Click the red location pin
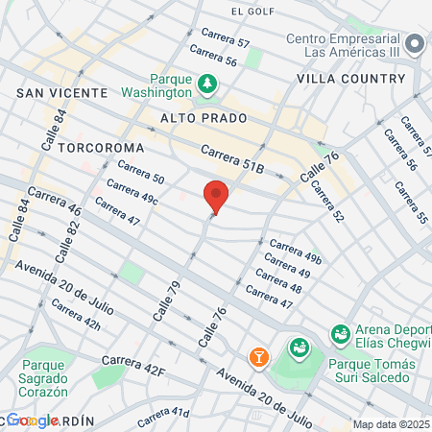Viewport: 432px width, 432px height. [x=216, y=196]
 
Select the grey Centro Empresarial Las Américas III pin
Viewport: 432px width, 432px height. [x=416, y=44]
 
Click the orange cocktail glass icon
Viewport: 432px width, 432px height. [x=258, y=357]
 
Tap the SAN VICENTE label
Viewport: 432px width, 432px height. [x=61, y=92]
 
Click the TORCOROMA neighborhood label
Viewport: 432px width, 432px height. [x=100, y=148]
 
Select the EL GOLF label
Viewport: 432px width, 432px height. [x=253, y=12]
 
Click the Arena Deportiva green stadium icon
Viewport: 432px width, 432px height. [x=339, y=334]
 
